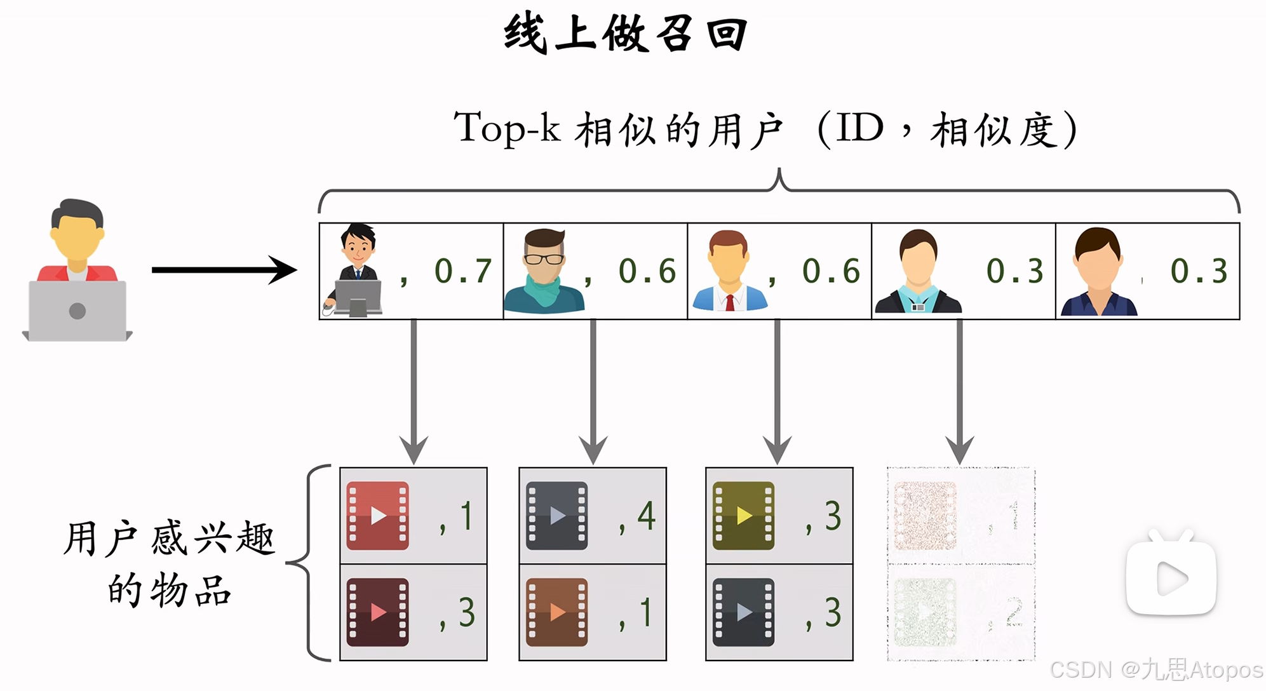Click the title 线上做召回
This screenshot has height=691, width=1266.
tap(626, 33)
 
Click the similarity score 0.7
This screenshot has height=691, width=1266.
tap(463, 271)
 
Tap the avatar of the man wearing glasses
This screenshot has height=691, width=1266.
tap(544, 271)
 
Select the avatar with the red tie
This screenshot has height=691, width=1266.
tap(729, 271)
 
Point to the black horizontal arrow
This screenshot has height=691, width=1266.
tap(224, 270)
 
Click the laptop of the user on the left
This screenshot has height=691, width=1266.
tap(77, 311)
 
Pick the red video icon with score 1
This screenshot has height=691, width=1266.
tap(377, 516)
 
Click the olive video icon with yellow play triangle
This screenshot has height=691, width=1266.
tap(743, 516)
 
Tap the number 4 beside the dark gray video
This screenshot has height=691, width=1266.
tap(646, 516)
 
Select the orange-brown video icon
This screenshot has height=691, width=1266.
tap(557, 612)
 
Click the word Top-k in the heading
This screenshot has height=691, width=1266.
tap(507, 128)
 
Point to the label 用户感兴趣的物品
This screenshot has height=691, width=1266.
tap(169, 564)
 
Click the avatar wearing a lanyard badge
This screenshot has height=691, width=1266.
tap(918, 272)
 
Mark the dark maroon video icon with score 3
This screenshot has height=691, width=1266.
tap(377, 612)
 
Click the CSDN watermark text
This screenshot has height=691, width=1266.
tap(1155, 669)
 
